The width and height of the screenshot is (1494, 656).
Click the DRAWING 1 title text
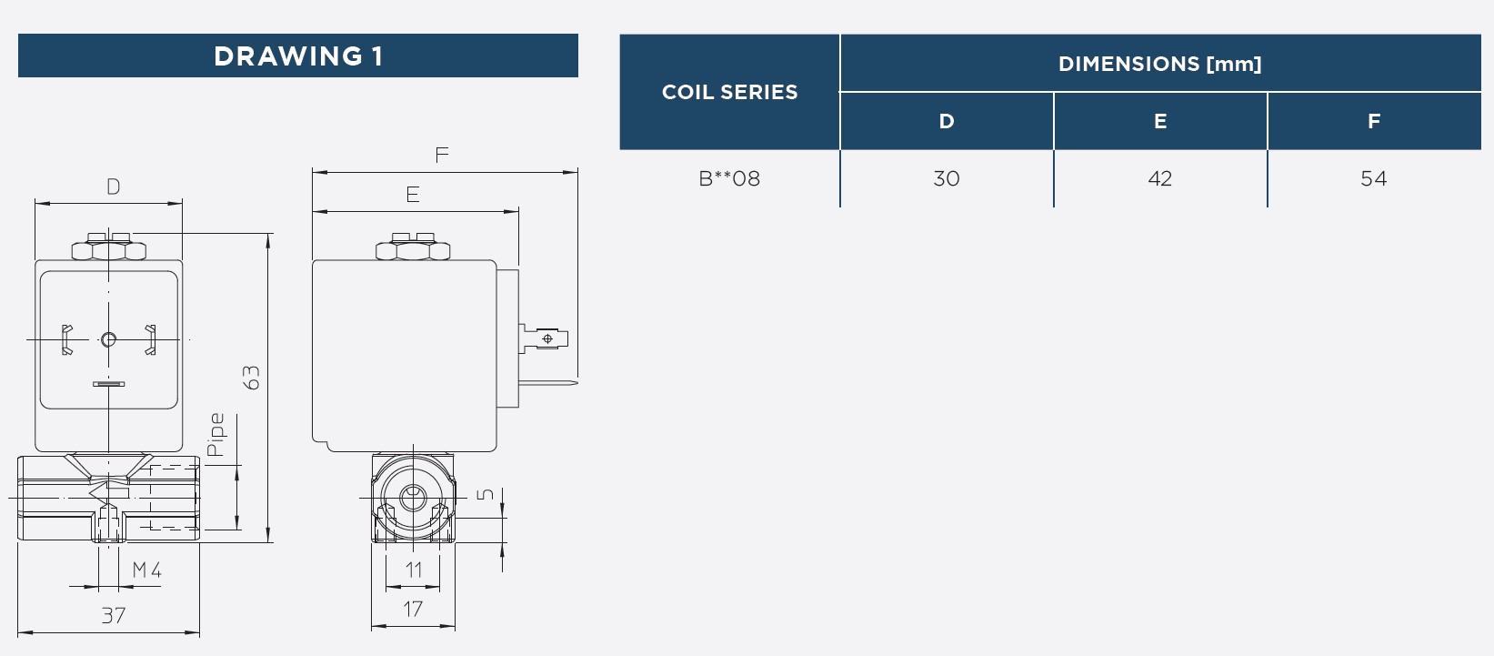(298, 56)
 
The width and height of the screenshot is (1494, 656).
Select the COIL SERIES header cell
(729, 91)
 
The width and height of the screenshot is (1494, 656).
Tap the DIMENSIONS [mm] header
(1160, 64)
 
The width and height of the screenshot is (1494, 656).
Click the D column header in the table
(947, 121)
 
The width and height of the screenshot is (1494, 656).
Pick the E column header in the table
(1160, 121)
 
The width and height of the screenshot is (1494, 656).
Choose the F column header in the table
(1374, 121)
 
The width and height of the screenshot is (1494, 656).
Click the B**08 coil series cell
(729, 178)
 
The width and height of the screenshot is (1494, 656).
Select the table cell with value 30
(947, 178)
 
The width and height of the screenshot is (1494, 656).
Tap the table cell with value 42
(1160, 178)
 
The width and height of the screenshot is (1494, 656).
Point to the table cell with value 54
(1374, 178)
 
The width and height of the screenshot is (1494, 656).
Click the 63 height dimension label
(251, 378)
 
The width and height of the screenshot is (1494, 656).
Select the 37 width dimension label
(114, 615)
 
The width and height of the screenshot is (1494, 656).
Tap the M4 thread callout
(146, 570)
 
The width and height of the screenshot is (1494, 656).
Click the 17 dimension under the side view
(413, 609)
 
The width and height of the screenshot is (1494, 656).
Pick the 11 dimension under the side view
(414, 570)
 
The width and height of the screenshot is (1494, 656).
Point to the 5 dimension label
(485, 495)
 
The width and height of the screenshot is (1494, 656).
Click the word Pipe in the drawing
(216, 435)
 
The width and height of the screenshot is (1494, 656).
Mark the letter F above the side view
(442, 155)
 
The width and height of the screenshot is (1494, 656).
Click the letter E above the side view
(413, 194)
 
